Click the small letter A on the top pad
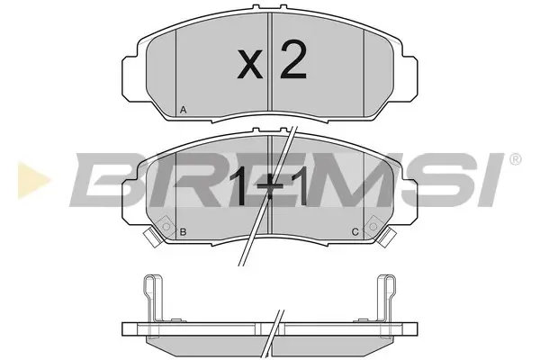pos(184,110)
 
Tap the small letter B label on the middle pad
pos(184,232)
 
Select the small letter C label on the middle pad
pos(355,232)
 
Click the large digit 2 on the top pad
pos(293,59)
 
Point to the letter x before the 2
pos(250,63)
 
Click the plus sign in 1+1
pos(270,186)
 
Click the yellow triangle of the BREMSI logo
pos(33,180)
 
